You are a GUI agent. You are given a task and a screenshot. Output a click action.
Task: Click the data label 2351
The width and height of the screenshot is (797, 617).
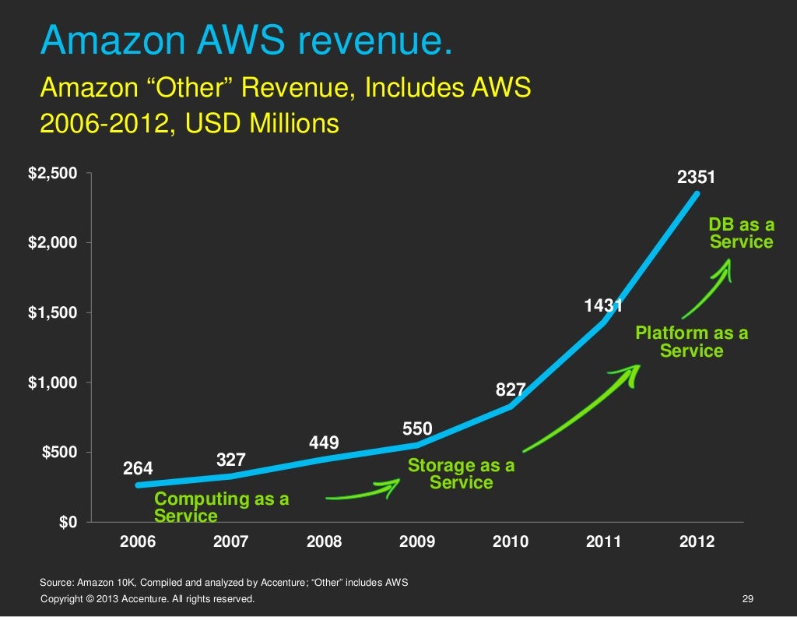696,178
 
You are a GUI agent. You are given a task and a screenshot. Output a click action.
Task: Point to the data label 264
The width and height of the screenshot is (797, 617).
139,468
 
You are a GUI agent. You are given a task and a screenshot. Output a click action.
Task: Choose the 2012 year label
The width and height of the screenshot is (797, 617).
696,541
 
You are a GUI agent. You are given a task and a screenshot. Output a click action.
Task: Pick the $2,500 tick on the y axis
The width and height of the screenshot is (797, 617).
53,174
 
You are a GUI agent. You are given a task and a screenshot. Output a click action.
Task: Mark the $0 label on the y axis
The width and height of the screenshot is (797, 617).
68,522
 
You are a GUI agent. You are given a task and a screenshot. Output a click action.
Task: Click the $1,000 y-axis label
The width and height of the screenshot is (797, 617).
53,383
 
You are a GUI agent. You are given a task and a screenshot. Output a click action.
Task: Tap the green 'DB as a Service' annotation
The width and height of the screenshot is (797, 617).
741,234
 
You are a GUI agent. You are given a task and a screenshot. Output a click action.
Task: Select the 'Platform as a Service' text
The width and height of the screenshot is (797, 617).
691,342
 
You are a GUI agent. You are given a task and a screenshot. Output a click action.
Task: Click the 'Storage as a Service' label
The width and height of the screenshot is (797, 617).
461,474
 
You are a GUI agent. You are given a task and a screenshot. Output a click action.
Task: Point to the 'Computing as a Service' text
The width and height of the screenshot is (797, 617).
221,507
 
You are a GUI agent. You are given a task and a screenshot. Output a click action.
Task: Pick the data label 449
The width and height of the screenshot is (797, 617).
324,443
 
